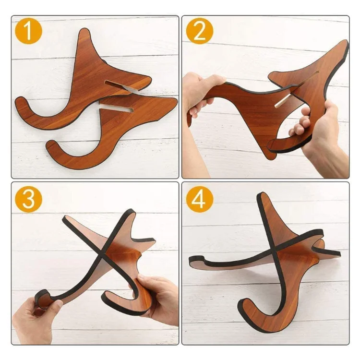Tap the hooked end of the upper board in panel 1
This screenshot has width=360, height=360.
[x=21, y=106]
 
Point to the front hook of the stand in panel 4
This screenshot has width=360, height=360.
[x=250, y=312]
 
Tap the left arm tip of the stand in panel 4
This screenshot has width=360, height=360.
[x=192, y=262]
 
